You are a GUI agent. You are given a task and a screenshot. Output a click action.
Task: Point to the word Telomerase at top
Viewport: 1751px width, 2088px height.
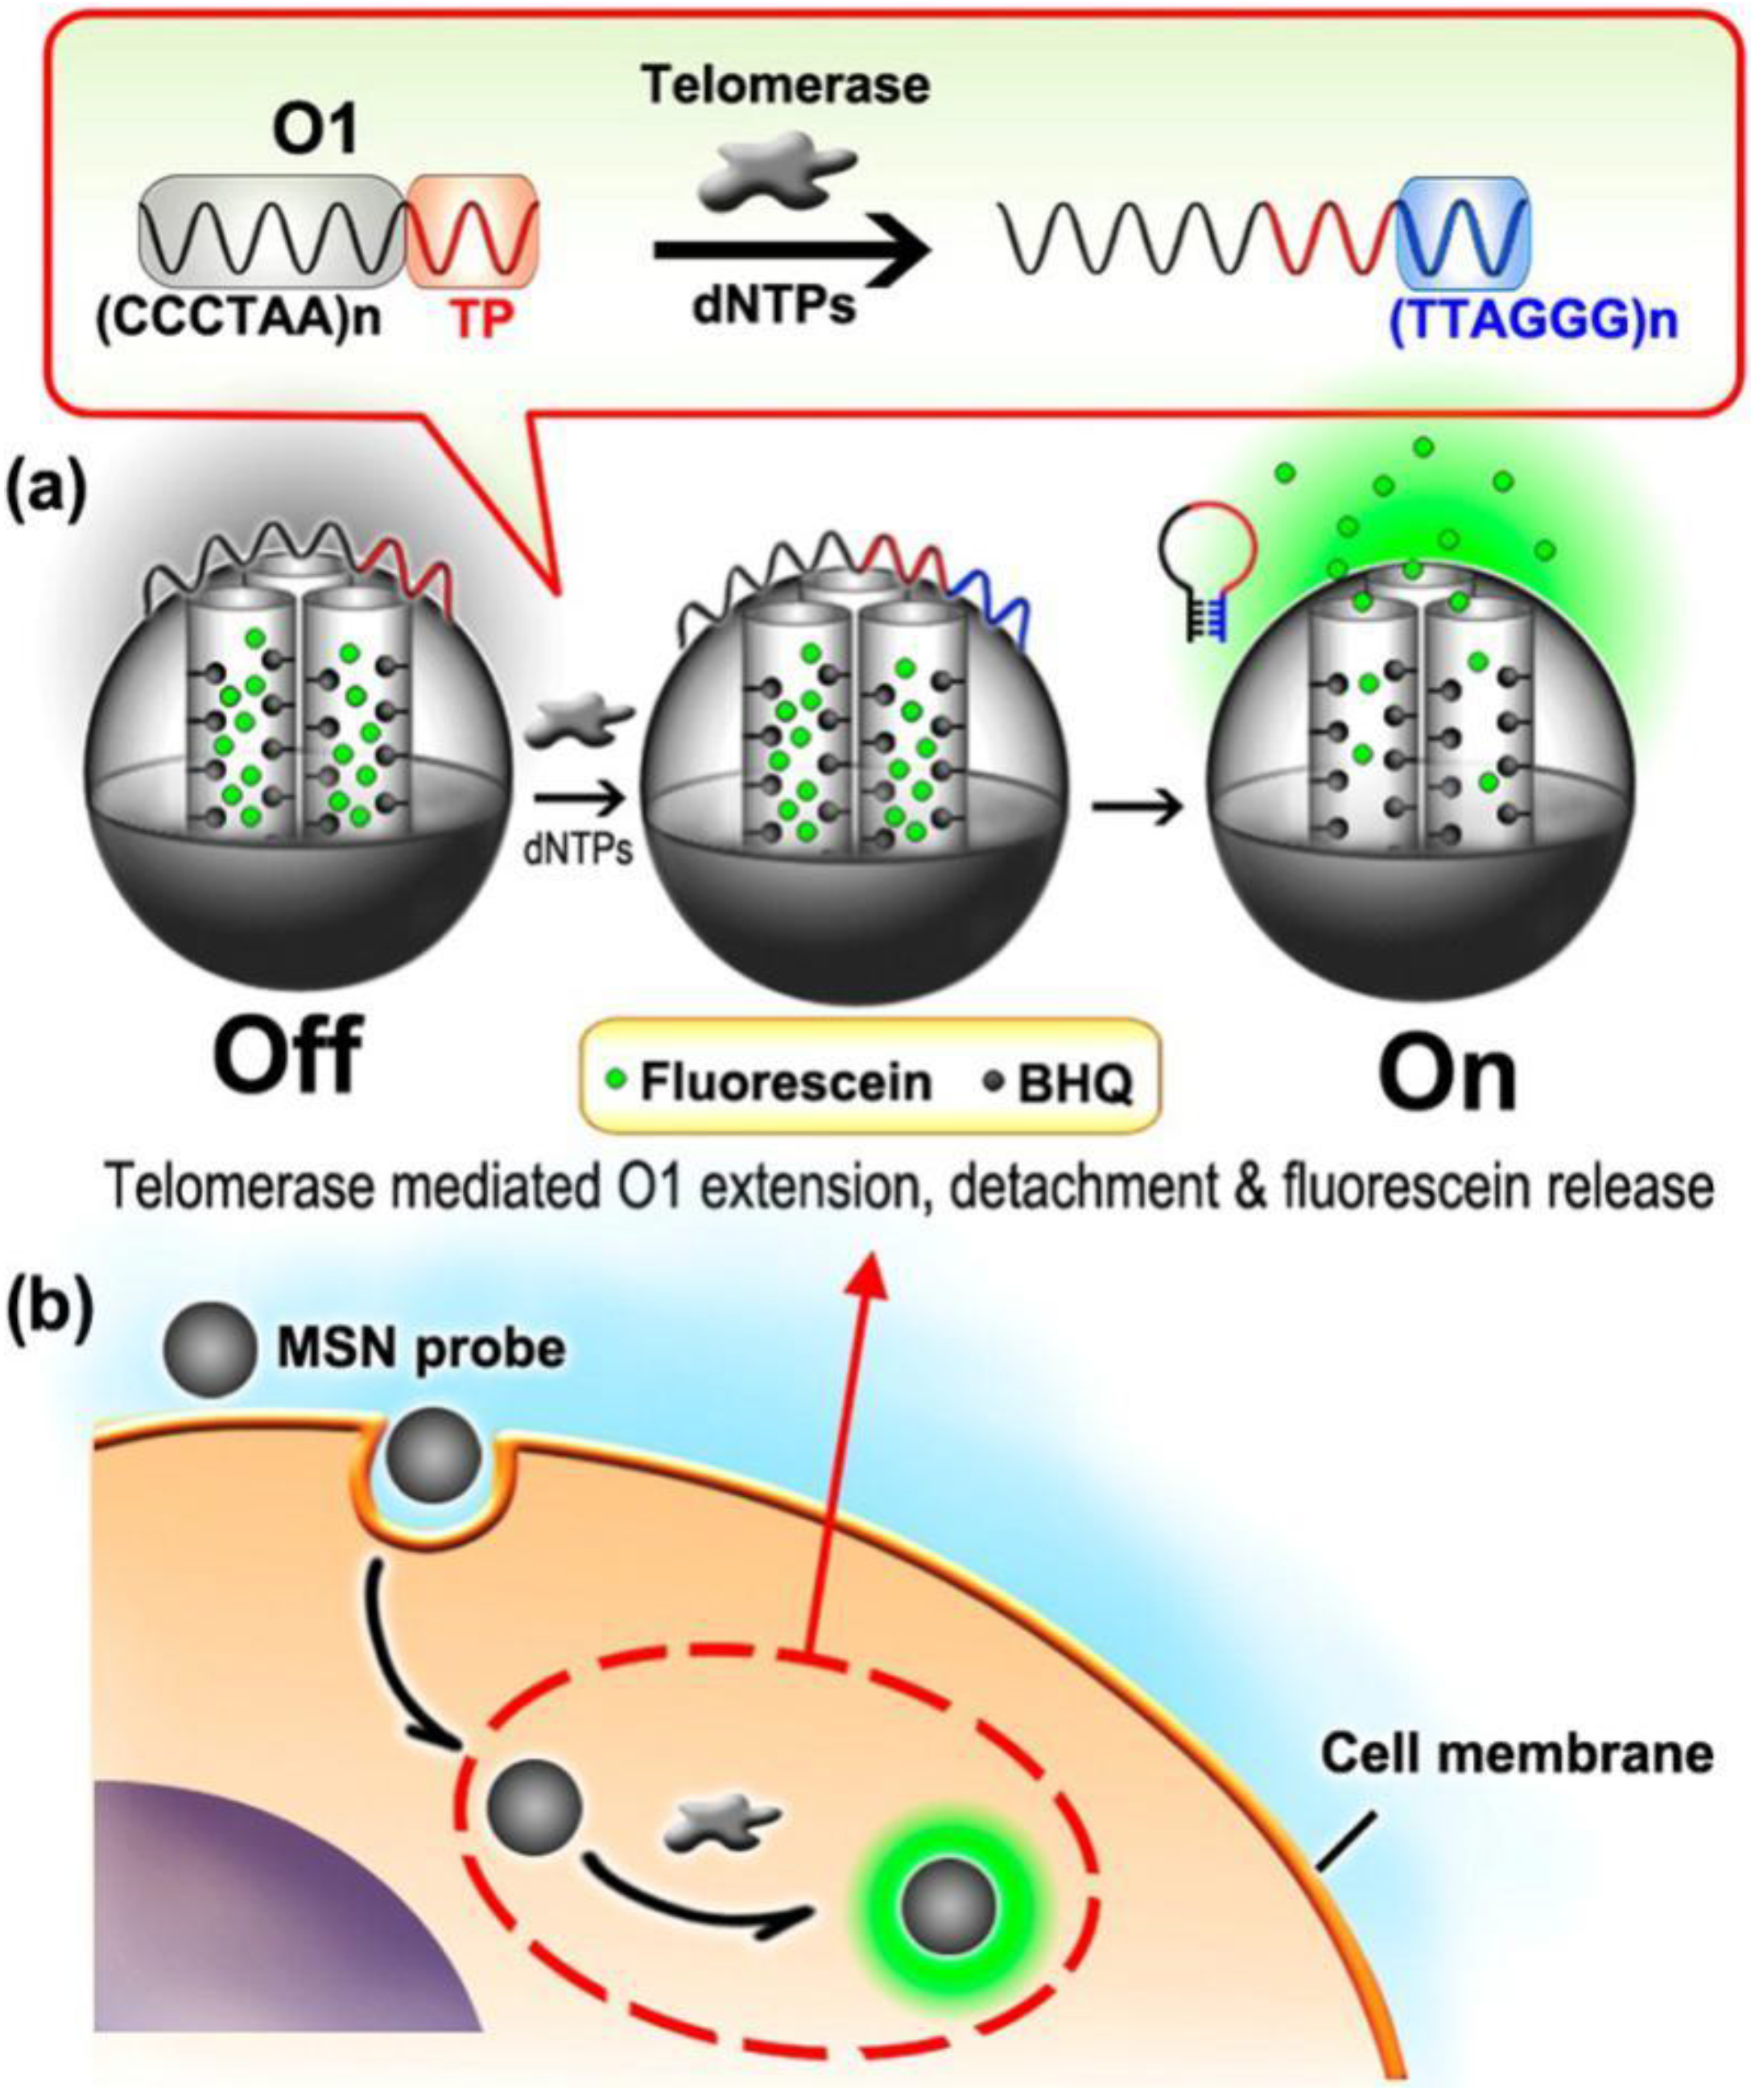pyautogui.click(x=786, y=85)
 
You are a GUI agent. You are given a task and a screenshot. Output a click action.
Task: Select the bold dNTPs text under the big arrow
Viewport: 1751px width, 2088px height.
pyautogui.click(x=775, y=306)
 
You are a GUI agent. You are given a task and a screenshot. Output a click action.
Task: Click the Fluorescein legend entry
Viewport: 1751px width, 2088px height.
pyautogui.click(x=770, y=1081)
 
